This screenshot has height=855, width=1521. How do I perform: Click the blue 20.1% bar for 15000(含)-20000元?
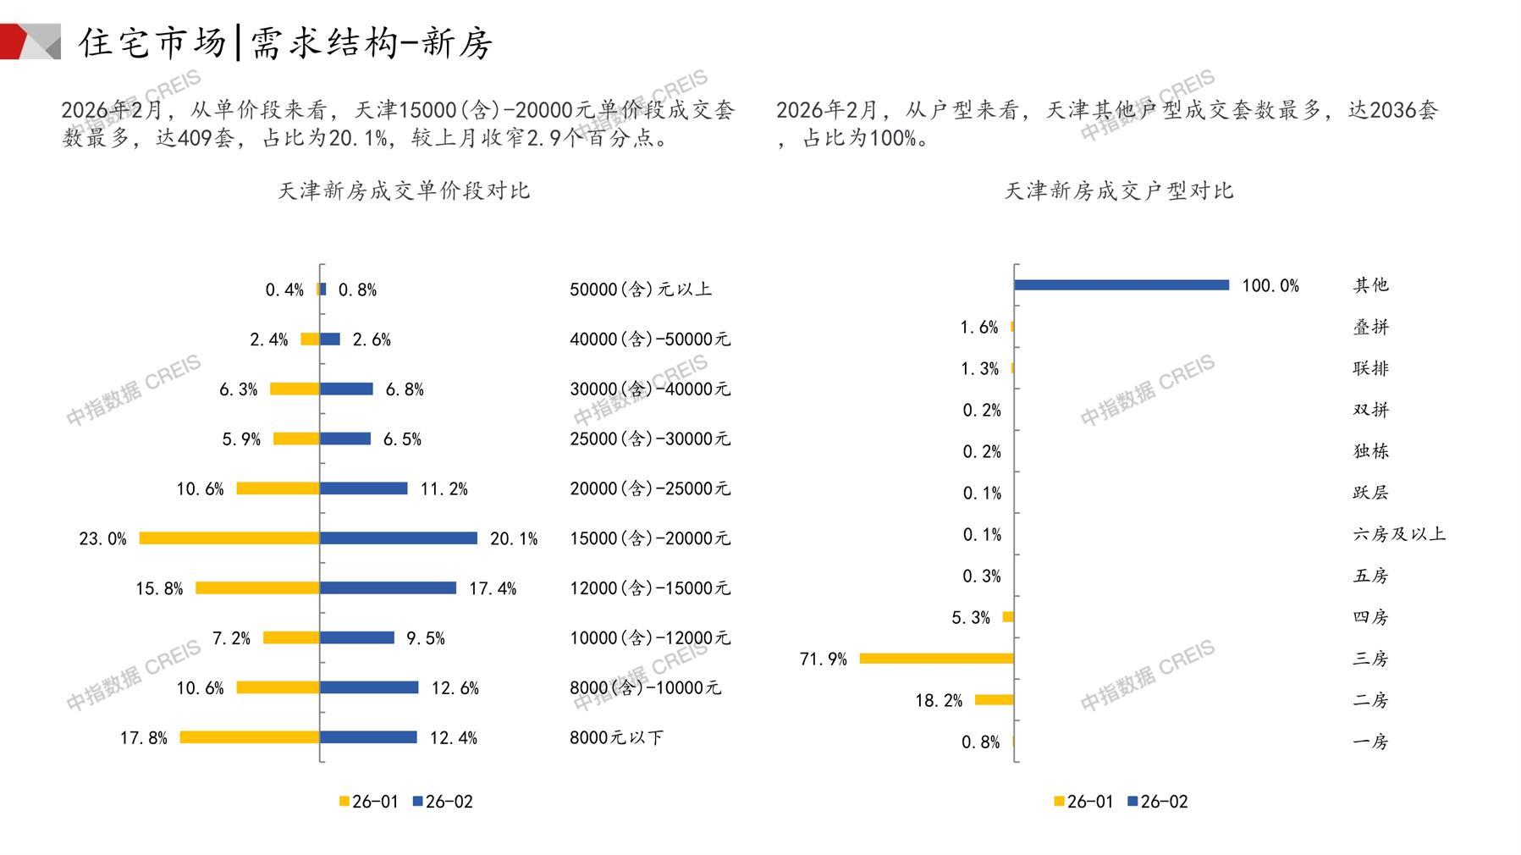coord(398,538)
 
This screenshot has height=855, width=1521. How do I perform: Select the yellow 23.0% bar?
coord(229,538)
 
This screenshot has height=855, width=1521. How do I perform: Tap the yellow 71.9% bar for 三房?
coord(936,659)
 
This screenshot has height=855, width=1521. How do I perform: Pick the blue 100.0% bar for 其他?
coord(1121,285)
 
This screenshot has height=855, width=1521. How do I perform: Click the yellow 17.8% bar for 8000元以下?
coord(250,737)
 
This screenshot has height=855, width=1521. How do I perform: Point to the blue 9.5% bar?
coord(356,637)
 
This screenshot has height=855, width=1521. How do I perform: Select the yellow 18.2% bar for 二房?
coord(994,700)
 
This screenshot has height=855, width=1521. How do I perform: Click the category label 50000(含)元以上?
coord(641,290)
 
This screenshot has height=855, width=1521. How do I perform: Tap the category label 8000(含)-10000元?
coord(645,687)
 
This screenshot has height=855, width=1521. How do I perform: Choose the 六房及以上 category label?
coord(1399,534)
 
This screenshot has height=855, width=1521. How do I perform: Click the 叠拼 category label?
coord(1370,327)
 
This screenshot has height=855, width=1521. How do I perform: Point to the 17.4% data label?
coord(493,588)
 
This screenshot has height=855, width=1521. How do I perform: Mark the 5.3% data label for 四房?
coord(970,618)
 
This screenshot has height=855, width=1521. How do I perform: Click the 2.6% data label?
coord(372,339)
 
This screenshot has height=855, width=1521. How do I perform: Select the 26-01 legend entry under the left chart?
coord(368,802)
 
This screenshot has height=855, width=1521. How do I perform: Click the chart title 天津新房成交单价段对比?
coord(404,190)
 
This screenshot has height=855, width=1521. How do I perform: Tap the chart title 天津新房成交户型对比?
coord(1118,190)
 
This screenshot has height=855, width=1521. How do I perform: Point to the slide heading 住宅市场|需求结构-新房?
coord(285,42)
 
